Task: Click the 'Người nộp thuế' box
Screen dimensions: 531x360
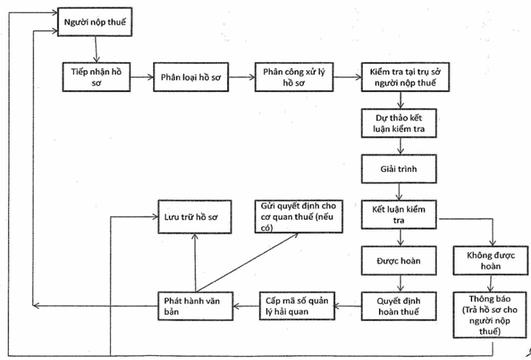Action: click(x=95, y=22)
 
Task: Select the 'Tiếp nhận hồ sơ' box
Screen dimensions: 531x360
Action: click(x=96, y=77)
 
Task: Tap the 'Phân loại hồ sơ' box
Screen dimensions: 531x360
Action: click(x=191, y=77)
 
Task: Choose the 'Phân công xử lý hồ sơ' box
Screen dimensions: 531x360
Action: click(x=294, y=77)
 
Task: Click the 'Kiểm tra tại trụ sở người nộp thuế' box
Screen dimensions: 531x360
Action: click(x=405, y=77)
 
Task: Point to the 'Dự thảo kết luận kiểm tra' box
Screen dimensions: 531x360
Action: click(x=399, y=123)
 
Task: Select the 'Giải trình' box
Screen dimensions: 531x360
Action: click(x=399, y=169)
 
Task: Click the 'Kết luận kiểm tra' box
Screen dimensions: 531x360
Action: click(x=399, y=215)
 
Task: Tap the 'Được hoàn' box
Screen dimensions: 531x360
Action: click(x=399, y=261)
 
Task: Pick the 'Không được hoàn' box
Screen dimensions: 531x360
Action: click(x=490, y=261)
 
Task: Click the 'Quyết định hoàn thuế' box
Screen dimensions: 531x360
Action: click(x=399, y=306)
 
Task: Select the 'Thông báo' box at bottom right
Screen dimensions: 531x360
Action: click(x=490, y=315)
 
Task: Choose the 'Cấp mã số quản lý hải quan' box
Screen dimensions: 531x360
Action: click(x=297, y=306)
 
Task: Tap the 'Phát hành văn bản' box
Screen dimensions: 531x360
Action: click(x=196, y=306)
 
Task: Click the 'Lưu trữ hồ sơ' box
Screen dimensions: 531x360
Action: click(x=194, y=217)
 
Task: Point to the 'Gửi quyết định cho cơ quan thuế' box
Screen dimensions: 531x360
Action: click(x=299, y=217)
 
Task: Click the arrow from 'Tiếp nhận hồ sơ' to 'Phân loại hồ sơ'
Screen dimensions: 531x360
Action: click(x=142, y=77)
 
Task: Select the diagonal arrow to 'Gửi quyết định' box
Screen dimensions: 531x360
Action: click(x=247, y=262)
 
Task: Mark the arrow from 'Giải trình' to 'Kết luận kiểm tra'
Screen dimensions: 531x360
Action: click(x=399, y=192)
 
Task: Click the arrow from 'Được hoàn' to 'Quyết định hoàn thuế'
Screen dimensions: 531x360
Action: click(x=401, y=283)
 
